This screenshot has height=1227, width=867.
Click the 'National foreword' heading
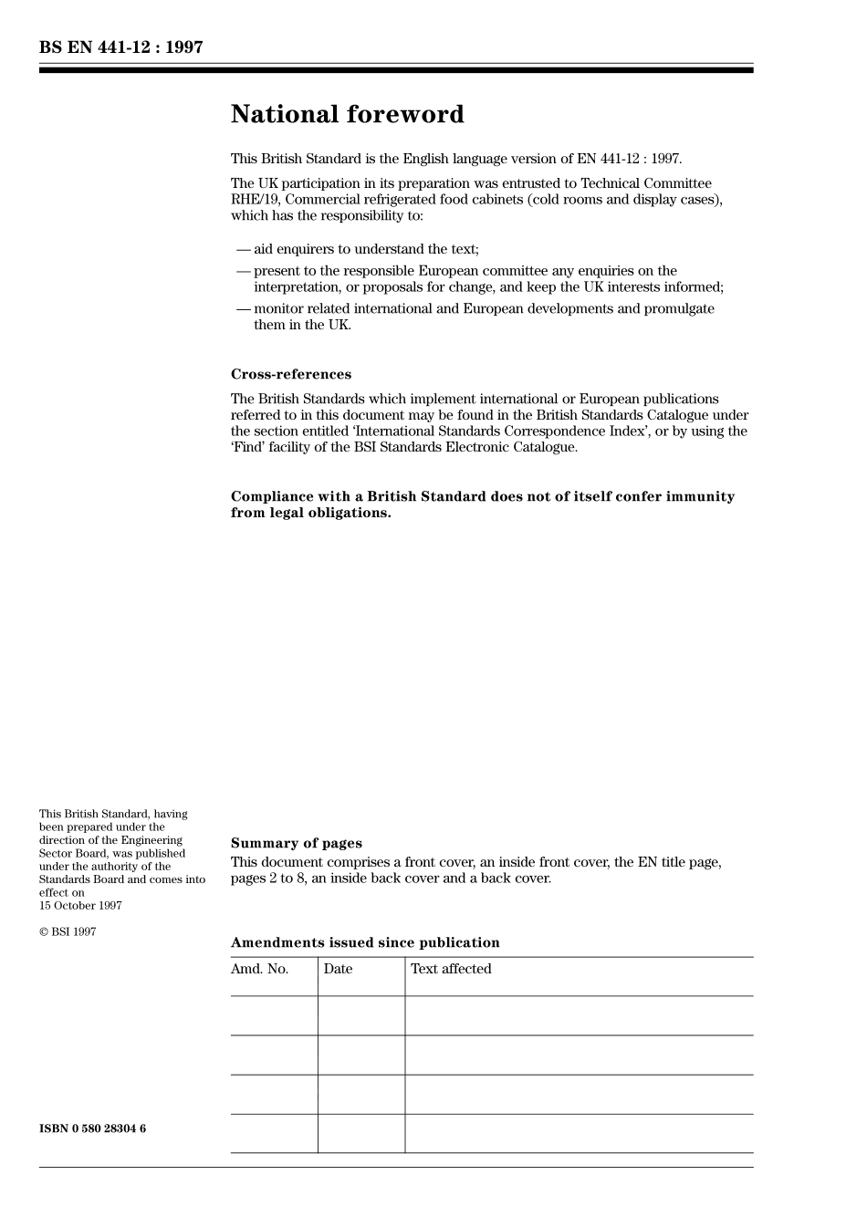click(347, 114)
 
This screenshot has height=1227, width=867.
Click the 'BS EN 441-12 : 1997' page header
click(120, 47)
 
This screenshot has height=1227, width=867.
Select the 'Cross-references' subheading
click(290, 374)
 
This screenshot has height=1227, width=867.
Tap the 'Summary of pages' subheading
click(296, 843)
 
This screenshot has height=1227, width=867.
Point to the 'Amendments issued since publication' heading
click(365, 942)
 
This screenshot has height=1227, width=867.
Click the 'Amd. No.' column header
click(259, 969)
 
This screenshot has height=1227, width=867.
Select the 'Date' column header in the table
click(338, 969)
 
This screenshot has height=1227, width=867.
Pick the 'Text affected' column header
click(451, 969)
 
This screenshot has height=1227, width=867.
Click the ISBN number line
click(92, 1128)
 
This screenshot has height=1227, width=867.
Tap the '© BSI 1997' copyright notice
click(68, 931)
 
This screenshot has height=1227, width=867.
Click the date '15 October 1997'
click(80, 906)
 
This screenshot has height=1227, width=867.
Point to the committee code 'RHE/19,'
click(256, 200)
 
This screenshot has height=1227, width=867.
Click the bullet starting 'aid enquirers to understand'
click(365, 249)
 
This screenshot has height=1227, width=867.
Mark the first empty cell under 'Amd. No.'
click(274, 1015)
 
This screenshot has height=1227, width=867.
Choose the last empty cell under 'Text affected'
click(579, 1133)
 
